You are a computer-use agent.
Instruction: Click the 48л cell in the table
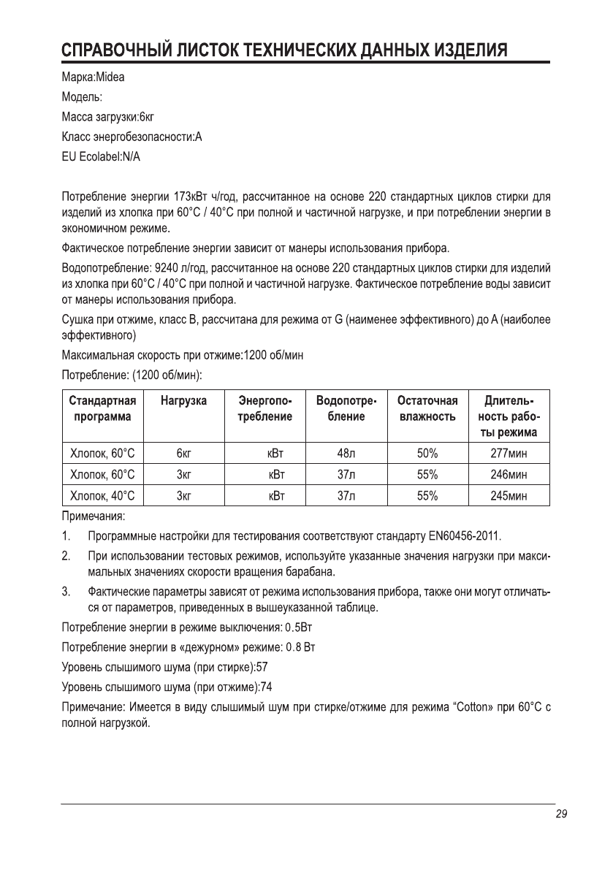[346, 454]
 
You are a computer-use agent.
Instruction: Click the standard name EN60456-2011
[458, 538]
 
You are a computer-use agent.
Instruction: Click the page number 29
[561, 815]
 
